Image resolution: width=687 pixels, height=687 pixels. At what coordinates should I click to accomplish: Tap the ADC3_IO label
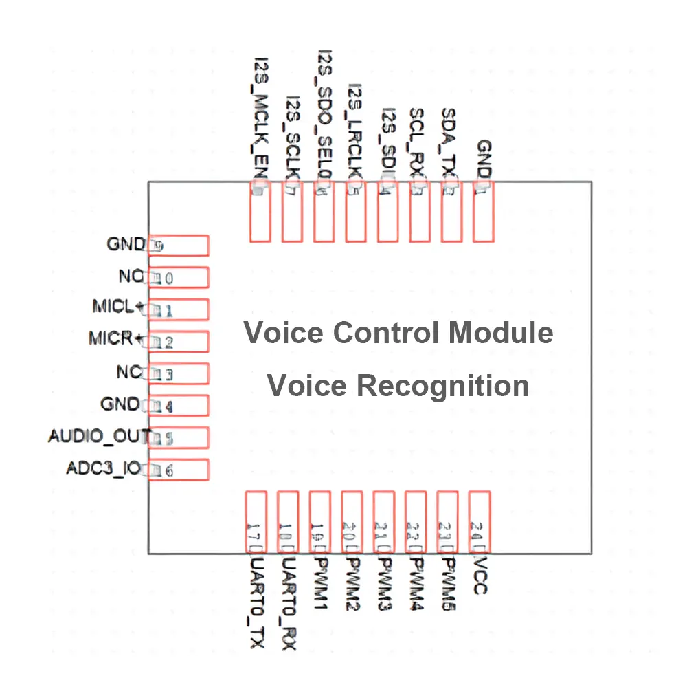click(x=104, y=468)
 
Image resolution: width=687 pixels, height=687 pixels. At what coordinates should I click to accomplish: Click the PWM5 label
click(x=448, y=584)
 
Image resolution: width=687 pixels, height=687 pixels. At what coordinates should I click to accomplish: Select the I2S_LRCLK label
click(x=356, y=131)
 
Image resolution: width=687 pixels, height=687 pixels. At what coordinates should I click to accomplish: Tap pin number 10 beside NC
click(x=164, y=278)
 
